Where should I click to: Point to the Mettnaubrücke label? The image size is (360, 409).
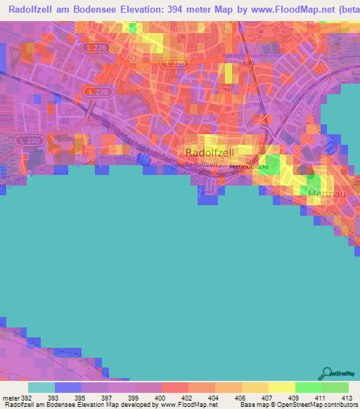[x=248, y=167]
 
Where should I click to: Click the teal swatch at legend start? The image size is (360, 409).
[x=41, y=387]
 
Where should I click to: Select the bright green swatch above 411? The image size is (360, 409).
[x=308, y=387]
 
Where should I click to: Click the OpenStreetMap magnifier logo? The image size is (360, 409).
[x=326, y=374]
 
